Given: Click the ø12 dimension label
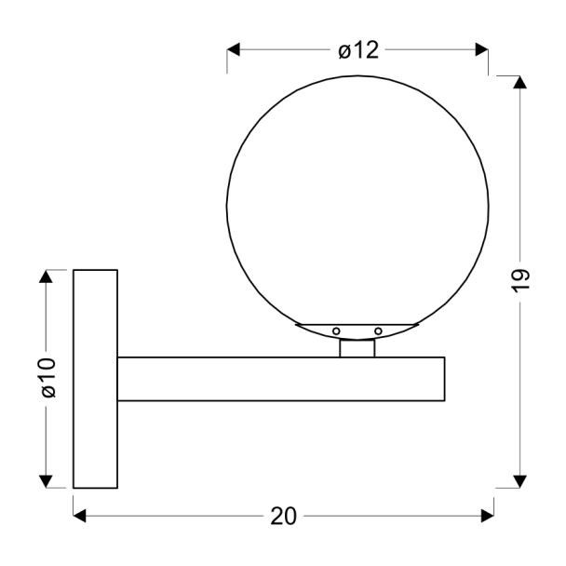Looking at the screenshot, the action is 358,50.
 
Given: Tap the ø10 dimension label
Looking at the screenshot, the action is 48,378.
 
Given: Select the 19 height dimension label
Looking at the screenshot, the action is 520,280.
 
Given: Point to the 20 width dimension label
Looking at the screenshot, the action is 284,516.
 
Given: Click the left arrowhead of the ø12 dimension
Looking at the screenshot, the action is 233,49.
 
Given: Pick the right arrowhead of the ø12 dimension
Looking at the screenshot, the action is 481,49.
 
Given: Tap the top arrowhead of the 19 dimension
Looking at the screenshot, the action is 519,82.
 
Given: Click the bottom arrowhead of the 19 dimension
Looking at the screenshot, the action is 519,481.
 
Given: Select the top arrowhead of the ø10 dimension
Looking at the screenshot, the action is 46,276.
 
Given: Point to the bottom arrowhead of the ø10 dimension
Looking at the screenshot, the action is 46,481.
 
